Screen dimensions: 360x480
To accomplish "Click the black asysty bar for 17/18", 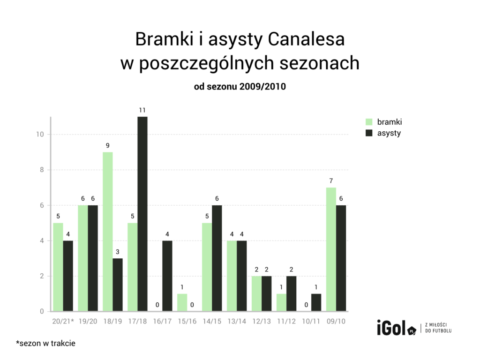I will click(x=142, y=214).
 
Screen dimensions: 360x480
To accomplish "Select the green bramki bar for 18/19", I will click(x=107, y=232).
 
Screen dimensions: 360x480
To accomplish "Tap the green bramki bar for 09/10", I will click(x=331, y=249).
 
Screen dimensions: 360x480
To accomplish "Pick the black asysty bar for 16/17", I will click(x=167, y=276).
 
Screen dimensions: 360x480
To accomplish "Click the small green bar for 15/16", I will click(x=182, y=302).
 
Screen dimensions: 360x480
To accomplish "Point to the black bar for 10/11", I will click(x=316, y=302).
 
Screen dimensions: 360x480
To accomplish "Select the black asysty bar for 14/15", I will click(x=217, y=258).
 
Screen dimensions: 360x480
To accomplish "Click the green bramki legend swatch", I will click(x=368, y=122).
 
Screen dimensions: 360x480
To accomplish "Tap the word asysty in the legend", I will click(x=389, y=133).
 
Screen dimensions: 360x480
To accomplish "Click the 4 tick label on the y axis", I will click(x=41, y=241).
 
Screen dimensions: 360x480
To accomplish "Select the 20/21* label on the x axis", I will click(x=63, y=322).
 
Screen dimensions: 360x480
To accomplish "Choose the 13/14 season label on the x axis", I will click(x=236, y=322).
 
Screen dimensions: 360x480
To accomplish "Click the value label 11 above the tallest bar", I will click(x=142, y=110).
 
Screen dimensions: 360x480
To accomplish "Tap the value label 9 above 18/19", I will click(x=107, y=145).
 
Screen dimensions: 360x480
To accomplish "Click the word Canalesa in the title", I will click(x=306, y=39).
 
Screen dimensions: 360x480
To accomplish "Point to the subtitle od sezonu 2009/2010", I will click(x=240, y=87).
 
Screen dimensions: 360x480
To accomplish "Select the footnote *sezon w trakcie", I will click(x=45, y=344).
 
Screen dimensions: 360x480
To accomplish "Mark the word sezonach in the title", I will click(x=320, y=64).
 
